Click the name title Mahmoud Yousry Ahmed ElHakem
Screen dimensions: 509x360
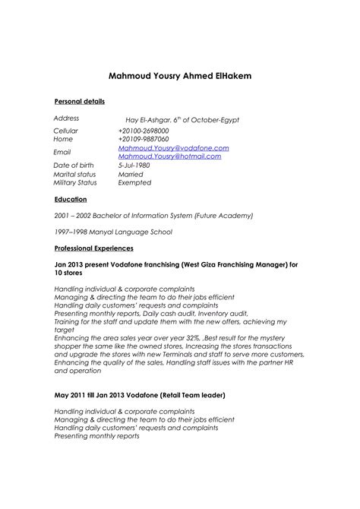tap(180, 77)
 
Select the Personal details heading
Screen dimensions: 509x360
tap(79, 102)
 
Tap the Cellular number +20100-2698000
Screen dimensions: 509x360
tap(144, 131)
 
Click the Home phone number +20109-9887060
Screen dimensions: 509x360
tap(144, 140)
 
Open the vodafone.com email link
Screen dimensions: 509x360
tap(173, 148)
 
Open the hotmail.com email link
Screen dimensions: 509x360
tap(169, 156)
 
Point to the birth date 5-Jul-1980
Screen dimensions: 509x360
tap(134, 165)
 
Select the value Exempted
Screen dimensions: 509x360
tap(134, 182)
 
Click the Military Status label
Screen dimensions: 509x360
tap(74, 182)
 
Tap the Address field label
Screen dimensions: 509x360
tap(66, 119)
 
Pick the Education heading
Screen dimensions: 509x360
tap(71, 199)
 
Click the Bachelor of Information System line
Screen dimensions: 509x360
tap(153, 216)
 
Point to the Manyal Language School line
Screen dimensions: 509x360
tap(113, 232)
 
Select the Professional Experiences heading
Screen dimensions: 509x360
tap(94, 248)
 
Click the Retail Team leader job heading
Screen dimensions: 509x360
tap(140, 396)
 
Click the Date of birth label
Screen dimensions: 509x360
tap(74, 165)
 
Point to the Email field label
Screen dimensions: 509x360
tap(62, 152)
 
